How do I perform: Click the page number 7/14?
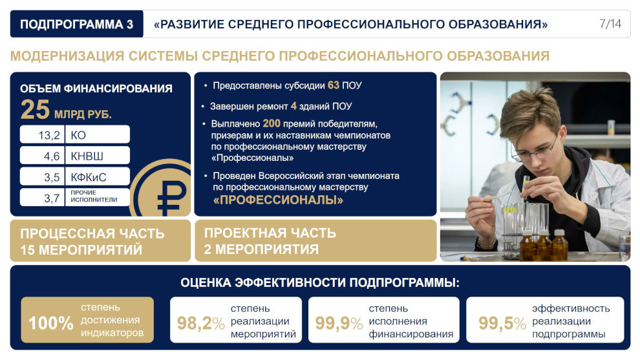(610, 24)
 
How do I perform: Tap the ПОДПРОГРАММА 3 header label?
(77, 25)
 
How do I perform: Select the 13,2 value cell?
(43, 134)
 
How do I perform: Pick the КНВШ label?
(87, 156)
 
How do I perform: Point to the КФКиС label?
(89, 177)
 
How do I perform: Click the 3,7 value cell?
(43, 198)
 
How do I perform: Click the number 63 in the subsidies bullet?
(334, 85)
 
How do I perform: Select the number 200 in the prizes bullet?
(272, 123)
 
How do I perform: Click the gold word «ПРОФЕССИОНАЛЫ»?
(278, 200)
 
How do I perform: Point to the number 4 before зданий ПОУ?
(293, 106)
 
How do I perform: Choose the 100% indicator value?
(51, 323)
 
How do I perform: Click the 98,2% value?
(201, 323)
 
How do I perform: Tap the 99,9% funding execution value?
(339, 323)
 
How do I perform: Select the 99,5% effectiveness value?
(502, 323)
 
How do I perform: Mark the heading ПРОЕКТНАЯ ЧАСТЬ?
(270, 233)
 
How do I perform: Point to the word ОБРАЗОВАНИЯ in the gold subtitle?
(498, 56)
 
